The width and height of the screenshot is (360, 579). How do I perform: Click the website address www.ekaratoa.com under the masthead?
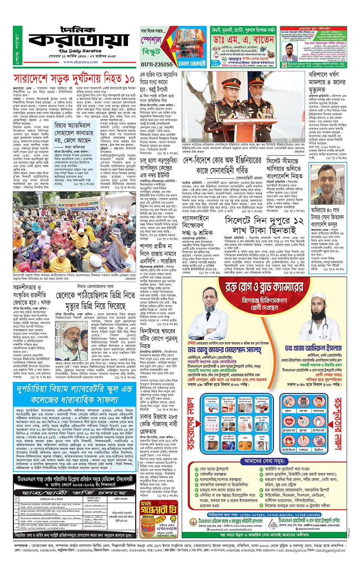click(80, 62)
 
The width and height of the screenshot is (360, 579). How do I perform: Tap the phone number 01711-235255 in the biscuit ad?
click(157, 64)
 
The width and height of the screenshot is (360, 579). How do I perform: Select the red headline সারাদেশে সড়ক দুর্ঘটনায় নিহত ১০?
click(74, 79)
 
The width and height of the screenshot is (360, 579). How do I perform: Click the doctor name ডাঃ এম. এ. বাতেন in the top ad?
click(243, 40)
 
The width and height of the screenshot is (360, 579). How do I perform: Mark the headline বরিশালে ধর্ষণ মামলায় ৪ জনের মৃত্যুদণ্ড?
click(327, 82)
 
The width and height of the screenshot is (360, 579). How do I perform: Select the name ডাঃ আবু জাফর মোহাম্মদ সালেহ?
click(224, 350)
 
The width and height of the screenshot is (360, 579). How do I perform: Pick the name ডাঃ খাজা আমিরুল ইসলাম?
click(313, 348)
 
